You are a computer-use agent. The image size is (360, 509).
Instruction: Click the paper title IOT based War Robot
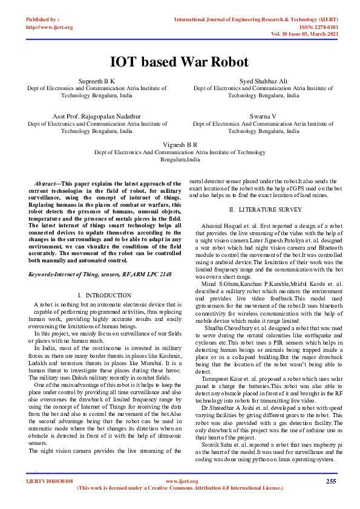(180, 62)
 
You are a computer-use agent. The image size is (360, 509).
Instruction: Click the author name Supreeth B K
(97, 80)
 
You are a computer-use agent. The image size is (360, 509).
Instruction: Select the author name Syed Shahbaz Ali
(263, 80)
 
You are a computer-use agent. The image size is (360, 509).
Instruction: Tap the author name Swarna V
(263, 115)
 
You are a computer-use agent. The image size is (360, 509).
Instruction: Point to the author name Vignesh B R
(180, 145)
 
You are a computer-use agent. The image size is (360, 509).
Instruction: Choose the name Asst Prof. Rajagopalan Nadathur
(97, 115)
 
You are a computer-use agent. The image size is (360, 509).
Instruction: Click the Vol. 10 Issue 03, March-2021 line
(304, 34)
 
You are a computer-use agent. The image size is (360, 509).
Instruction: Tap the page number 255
(330, 481)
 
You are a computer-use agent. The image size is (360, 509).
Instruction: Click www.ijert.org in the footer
(179, 481)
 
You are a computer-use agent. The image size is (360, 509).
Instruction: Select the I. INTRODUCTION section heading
(97, 295)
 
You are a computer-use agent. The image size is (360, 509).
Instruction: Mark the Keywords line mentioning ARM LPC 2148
(100, 274)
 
